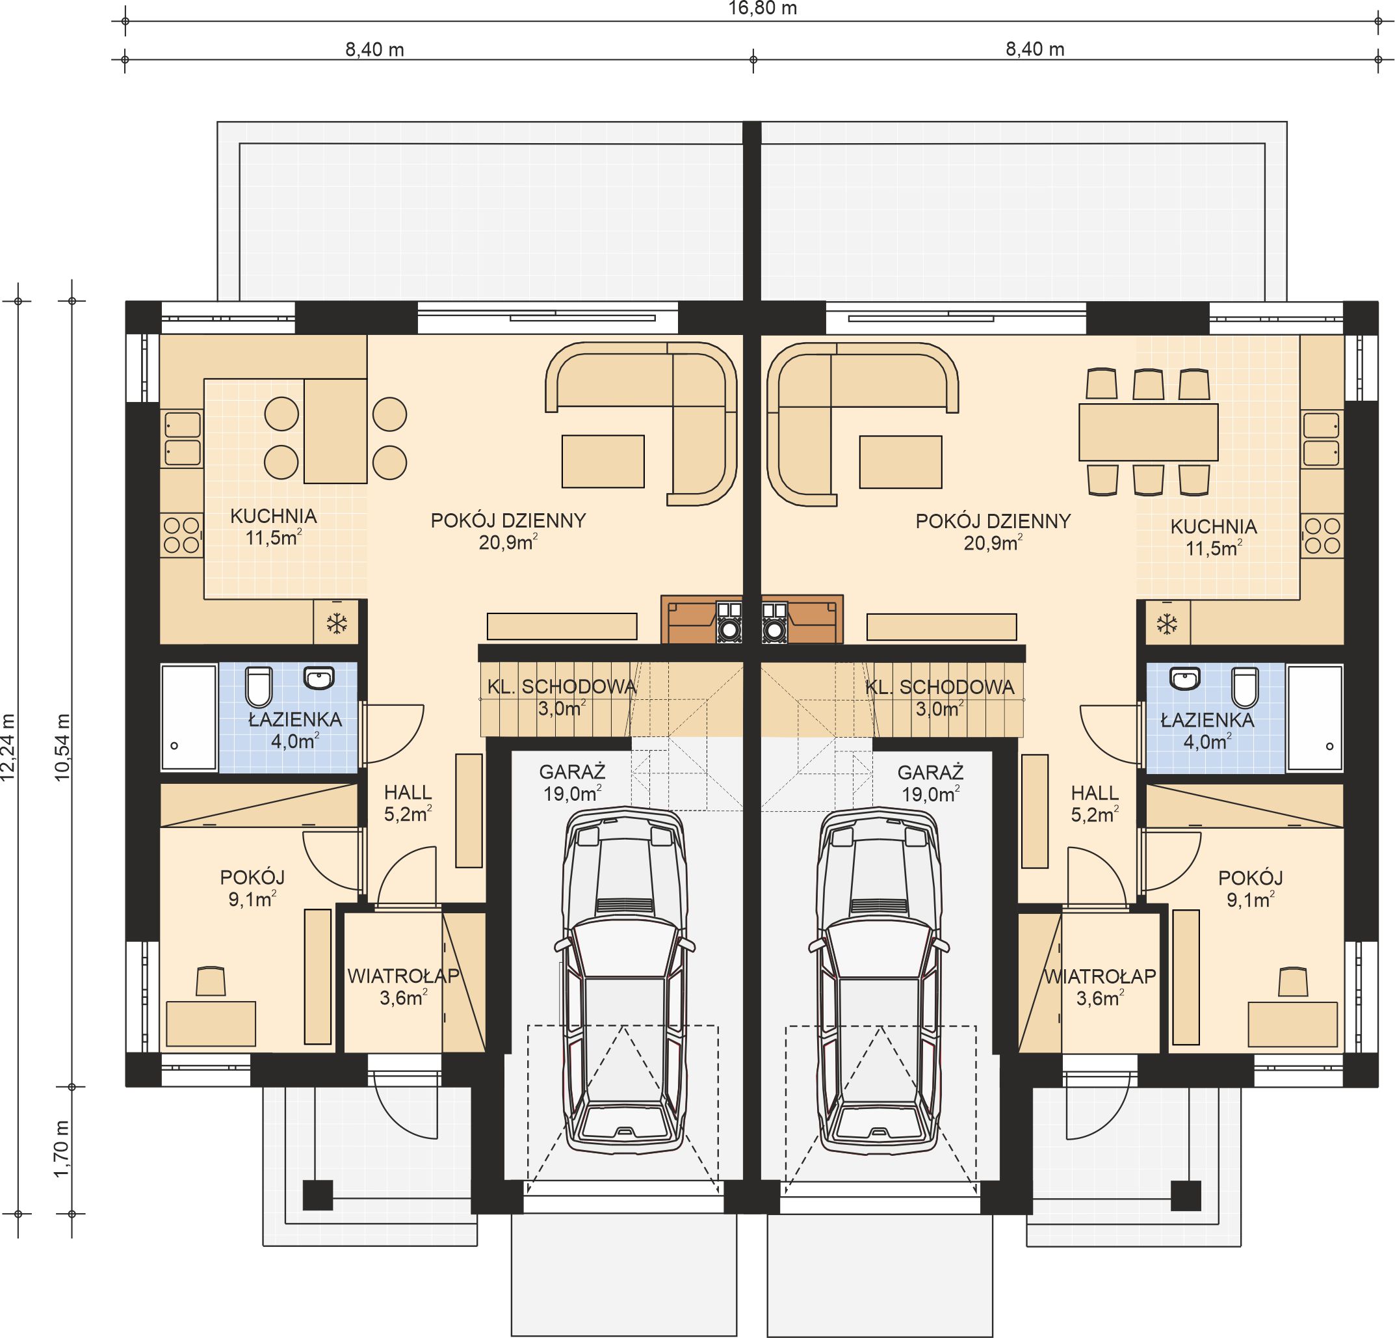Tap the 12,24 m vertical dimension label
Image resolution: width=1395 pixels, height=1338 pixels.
pos(8,747)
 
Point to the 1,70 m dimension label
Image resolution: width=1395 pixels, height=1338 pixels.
pos(63,1149)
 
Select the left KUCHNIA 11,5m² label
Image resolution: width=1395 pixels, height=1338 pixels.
pos(273,526)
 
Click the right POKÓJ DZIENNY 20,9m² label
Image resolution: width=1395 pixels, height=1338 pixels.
pos(993,532)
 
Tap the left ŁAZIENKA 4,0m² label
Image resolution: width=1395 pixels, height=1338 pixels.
pos(294,730)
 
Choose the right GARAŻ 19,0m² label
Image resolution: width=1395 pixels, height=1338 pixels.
pos(930,783)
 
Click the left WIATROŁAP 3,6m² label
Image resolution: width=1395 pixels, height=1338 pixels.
pos(403,986)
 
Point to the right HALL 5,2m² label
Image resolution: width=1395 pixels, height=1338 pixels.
pos(1095,803)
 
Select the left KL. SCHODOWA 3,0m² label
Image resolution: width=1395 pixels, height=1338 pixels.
pos(562,697)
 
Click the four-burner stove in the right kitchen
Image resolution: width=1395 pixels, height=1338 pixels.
pos(1322,536)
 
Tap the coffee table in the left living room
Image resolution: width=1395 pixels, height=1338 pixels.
pos(603,461)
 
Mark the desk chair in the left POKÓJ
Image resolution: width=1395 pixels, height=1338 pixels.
pos(210,980)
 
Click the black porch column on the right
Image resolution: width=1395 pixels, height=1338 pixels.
pos(1186,1196)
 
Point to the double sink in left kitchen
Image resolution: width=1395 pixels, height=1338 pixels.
pos(182,438)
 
